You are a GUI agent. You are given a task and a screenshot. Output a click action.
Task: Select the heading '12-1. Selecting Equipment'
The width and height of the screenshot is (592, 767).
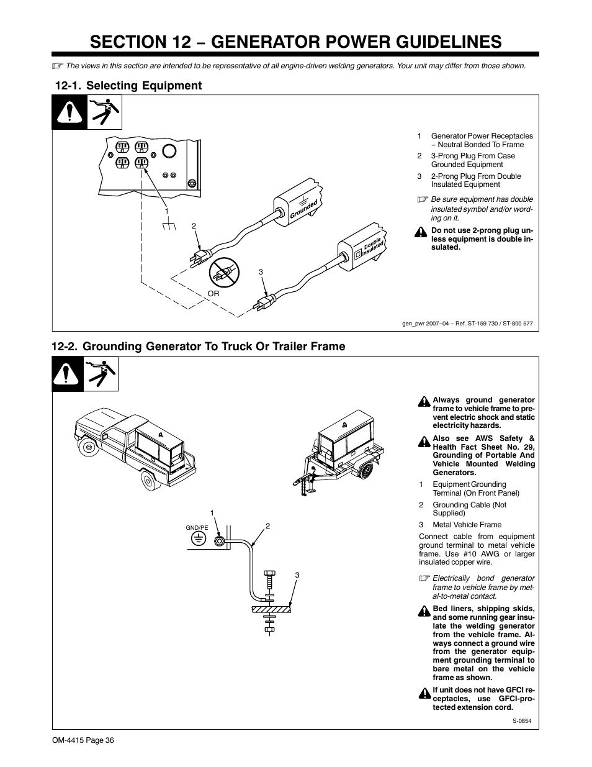tap(128, 86)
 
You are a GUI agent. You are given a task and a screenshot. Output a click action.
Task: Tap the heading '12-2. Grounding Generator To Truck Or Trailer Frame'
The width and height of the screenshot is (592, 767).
tap(199, 347)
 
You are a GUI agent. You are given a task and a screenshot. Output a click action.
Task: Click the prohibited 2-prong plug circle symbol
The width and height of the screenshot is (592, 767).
tap(222, 271)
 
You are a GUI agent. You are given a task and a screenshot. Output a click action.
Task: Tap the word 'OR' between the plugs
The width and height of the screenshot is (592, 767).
tap(213, 294)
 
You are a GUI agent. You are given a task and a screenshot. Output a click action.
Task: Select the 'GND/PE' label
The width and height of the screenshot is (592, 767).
tap(197, 527)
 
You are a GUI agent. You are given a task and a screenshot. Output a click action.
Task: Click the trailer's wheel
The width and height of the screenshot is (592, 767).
tap(367, 470)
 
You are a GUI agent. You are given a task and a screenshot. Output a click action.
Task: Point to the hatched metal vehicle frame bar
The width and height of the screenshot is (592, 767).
tap(271, 610)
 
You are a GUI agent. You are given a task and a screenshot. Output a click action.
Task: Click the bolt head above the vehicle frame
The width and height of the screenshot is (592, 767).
tap(269, 573)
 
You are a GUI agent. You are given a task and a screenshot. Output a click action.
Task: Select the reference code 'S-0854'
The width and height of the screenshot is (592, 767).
tap(522, 721)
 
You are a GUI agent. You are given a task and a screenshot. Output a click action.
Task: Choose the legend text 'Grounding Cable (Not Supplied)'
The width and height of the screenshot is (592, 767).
tap(469, 509)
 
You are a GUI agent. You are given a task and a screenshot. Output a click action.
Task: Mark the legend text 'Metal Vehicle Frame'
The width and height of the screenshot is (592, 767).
tap(467, 525)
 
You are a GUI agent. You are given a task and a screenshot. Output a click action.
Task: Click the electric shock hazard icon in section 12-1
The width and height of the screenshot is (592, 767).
tap(104, 112)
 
